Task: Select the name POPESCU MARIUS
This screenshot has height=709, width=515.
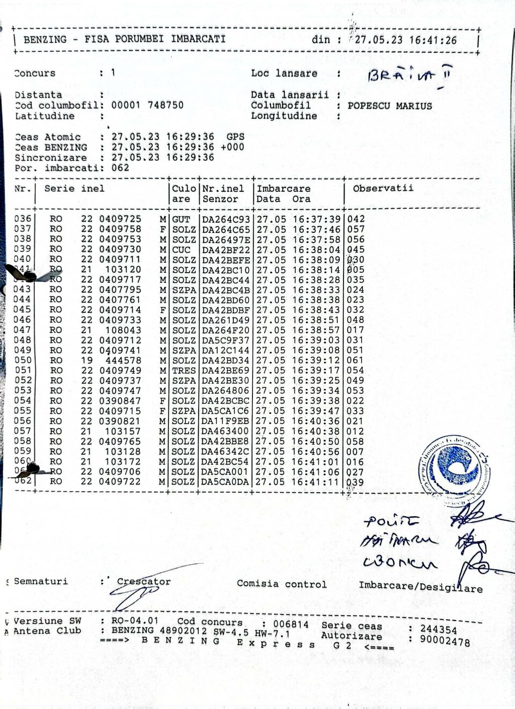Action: pos(390,106)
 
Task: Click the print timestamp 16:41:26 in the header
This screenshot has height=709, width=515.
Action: pos(433,40)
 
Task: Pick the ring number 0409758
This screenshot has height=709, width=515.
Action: pos(120,229)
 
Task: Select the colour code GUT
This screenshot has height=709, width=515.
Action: pos(181,219)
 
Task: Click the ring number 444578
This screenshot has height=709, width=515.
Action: pos(123,360)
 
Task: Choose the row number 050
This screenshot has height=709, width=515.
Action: pos(23,360)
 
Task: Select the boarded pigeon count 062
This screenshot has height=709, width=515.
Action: pos(120,168)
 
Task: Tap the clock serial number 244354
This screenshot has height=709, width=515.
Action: pos(439,630)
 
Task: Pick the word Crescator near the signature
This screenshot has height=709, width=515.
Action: pos(144,582)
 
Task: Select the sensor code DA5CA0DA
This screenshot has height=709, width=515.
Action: pos(225,482)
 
